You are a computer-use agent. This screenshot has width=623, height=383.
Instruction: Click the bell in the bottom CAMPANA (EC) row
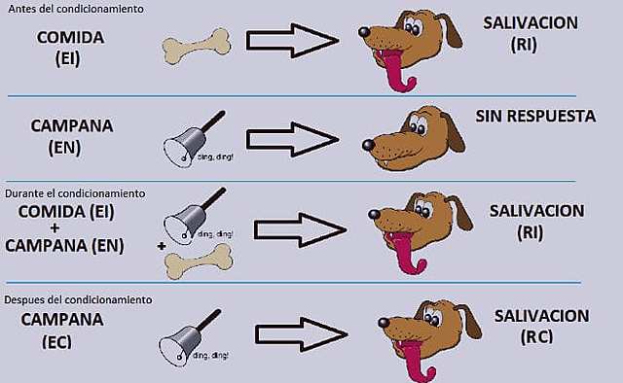pyautogui.click(x=185, y=334)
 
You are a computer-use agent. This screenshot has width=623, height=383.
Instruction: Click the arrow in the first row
pyautogui.click(x=291, y=41)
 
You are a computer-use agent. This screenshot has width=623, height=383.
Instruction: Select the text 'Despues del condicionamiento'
pyautogui.click(x=77, y=299)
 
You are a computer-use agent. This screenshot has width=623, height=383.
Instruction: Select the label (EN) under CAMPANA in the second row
pyautogui.click(x=69, y=148)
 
